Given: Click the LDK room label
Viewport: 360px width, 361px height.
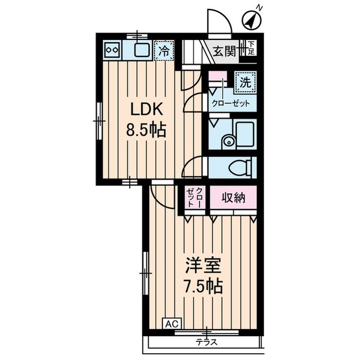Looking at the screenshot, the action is (147, 109).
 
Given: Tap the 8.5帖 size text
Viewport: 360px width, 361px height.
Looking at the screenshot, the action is (146, 130).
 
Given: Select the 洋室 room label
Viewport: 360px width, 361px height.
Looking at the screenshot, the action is (203, 265).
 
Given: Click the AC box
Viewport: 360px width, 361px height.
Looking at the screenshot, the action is (172, 324).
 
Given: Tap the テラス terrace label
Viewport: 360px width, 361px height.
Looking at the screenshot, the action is (206, 342).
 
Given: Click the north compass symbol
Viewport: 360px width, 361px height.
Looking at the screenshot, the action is (253, 20).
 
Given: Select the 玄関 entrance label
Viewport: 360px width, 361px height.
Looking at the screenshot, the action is (225, 51).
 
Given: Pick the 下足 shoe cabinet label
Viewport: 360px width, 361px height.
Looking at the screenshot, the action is (252, 48).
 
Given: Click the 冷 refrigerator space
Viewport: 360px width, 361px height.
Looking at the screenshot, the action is (164, 51).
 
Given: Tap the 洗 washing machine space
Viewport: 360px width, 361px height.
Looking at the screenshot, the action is (245, 82).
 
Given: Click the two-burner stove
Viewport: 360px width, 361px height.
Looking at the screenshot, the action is (112, 50).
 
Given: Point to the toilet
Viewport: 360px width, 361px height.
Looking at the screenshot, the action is (240, 167).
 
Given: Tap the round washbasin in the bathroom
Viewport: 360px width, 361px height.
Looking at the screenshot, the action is (228, 141).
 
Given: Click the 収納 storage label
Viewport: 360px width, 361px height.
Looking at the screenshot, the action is (233, 198).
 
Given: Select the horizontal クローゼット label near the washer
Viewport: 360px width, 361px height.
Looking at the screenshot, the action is (231, 103).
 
